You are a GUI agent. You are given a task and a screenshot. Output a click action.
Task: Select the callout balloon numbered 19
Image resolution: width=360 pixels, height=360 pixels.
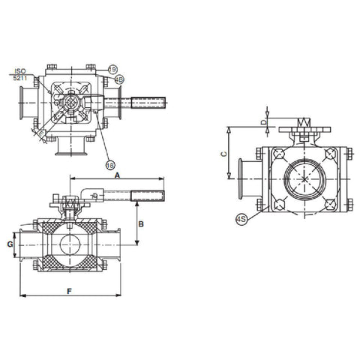coord(111,68)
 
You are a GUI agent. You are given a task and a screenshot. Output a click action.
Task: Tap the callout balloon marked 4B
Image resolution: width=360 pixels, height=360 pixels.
coord(119,79)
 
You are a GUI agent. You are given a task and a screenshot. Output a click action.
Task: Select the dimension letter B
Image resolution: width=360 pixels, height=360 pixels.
coord(142,223)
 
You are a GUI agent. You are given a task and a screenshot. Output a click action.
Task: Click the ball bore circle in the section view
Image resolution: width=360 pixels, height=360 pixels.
coord(69,245)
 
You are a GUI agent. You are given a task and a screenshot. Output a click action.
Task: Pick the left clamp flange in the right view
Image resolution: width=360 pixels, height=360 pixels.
coord(241,180)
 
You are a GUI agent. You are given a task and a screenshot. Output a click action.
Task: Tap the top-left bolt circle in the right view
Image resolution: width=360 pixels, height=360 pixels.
coord(279,155)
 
